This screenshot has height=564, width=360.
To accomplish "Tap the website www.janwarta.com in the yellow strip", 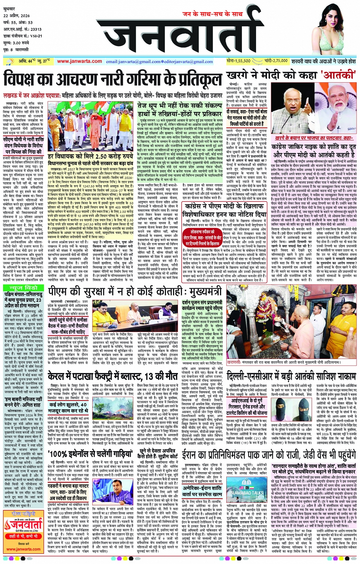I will tap(79, 61).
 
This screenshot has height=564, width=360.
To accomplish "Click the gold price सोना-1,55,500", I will tap(238, 61).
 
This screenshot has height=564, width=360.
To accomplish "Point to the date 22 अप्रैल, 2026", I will tap(17, 16).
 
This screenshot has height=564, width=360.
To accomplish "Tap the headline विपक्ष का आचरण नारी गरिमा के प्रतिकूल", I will tap(112, 80).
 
